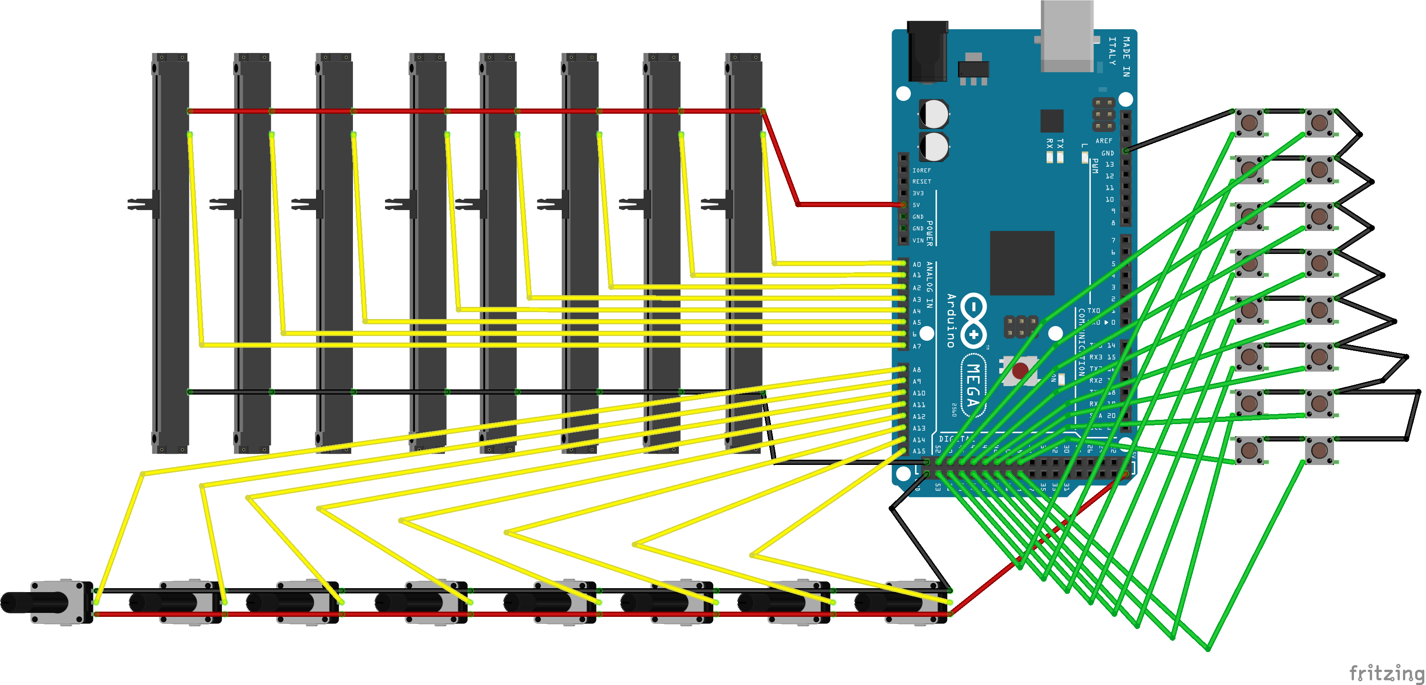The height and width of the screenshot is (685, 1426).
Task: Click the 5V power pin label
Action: click(916, 205)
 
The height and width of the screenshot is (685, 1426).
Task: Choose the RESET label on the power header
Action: click(922, 181)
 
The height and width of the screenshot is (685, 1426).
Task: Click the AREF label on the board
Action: click(1103, 141)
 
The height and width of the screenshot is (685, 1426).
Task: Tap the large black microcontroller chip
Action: click(1022, 263)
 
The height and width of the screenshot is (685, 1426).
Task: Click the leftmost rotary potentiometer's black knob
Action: click(33, 603)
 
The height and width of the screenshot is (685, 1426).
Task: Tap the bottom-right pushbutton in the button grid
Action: click(1319, 450)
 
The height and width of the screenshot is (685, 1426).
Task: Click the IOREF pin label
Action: click(922, 171)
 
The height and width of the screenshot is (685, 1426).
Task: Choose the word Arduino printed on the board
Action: click(951, 321)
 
